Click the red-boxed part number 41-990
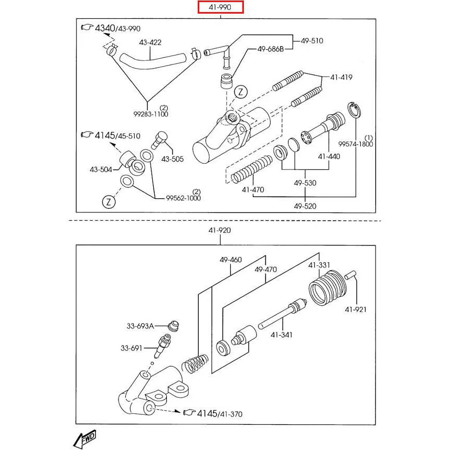point(220,7)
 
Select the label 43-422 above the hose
point(150,42)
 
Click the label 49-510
point(312,40)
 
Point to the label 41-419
point(341,77)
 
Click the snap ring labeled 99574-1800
point(354,111)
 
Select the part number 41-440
point(329,156)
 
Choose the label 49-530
point(305,183)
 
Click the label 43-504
point(101,169)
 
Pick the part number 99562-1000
point(183,198)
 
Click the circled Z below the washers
point(109,201)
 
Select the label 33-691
point(132,347)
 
